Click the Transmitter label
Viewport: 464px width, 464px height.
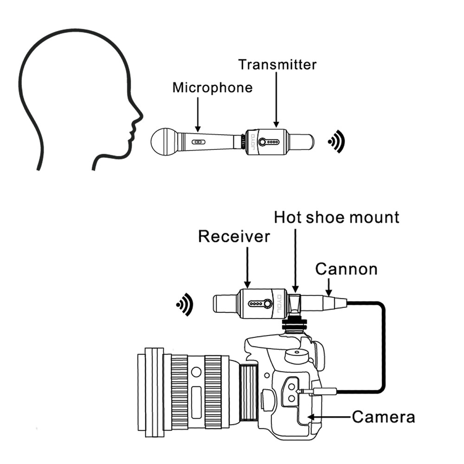pyautogui.click(x=277, y=64)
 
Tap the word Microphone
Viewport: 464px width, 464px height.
pyautogui.click(x=213, y=87)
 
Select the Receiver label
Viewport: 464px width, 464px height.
pyautogui.click(x=234, y=236)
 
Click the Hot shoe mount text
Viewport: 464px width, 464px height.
pyautogui.click(x=336, y=217)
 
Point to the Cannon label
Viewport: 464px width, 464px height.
pyautogui.click(x=346, y=269)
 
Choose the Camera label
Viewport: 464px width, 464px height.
pyautogui.click(x=383, y=417)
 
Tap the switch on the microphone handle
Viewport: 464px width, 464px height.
pyautogui.click(x=198, y=142)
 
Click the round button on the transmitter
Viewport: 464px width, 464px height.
pyautogui.click(x=263, y=142)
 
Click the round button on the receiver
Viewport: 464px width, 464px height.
pyautogui.click(x=268, y=304)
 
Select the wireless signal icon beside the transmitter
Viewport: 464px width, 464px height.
pyautogui.click(x=336, y=142)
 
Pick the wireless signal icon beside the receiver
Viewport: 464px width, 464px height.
pyautogui.click(x=185, y=304)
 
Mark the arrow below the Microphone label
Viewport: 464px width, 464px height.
pyautogui.click(x=198, y=114)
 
